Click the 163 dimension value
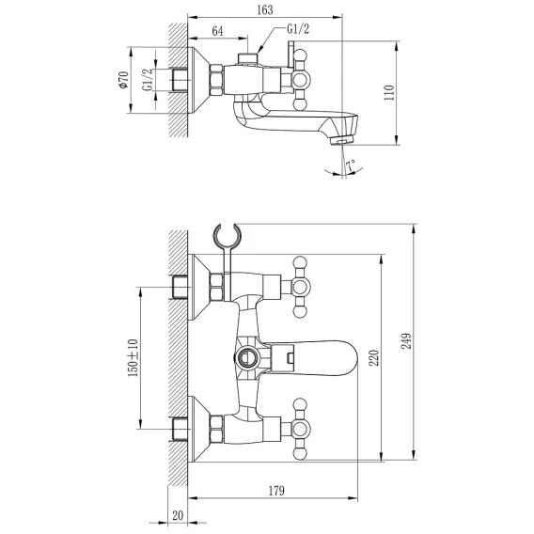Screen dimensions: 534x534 pos(264,10)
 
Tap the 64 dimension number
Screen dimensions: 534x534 pos(217,31)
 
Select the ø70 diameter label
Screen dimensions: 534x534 pos(123,80)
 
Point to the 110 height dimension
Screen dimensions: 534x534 pos(388,93)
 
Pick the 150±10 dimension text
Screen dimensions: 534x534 pos(133,357)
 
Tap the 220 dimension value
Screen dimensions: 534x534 pos(374,357)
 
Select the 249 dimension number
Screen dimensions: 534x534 pos(406,341)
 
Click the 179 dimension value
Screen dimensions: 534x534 pos(275,491)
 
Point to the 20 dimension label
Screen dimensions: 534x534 pos(178,515)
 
